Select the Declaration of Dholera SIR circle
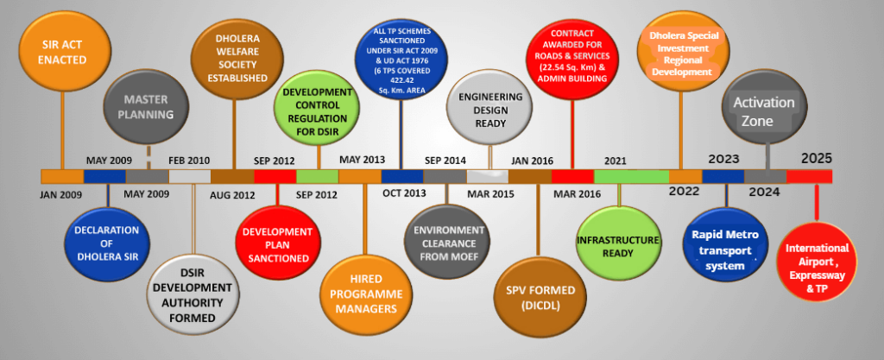click(x=108, y=242)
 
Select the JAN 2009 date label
click(x=61, y=194)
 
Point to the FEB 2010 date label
click(x=189, y=160)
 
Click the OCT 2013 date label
click(x=402, y=194)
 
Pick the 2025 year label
click(x=817, y=159)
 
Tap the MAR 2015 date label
click(x=490, y=194)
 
